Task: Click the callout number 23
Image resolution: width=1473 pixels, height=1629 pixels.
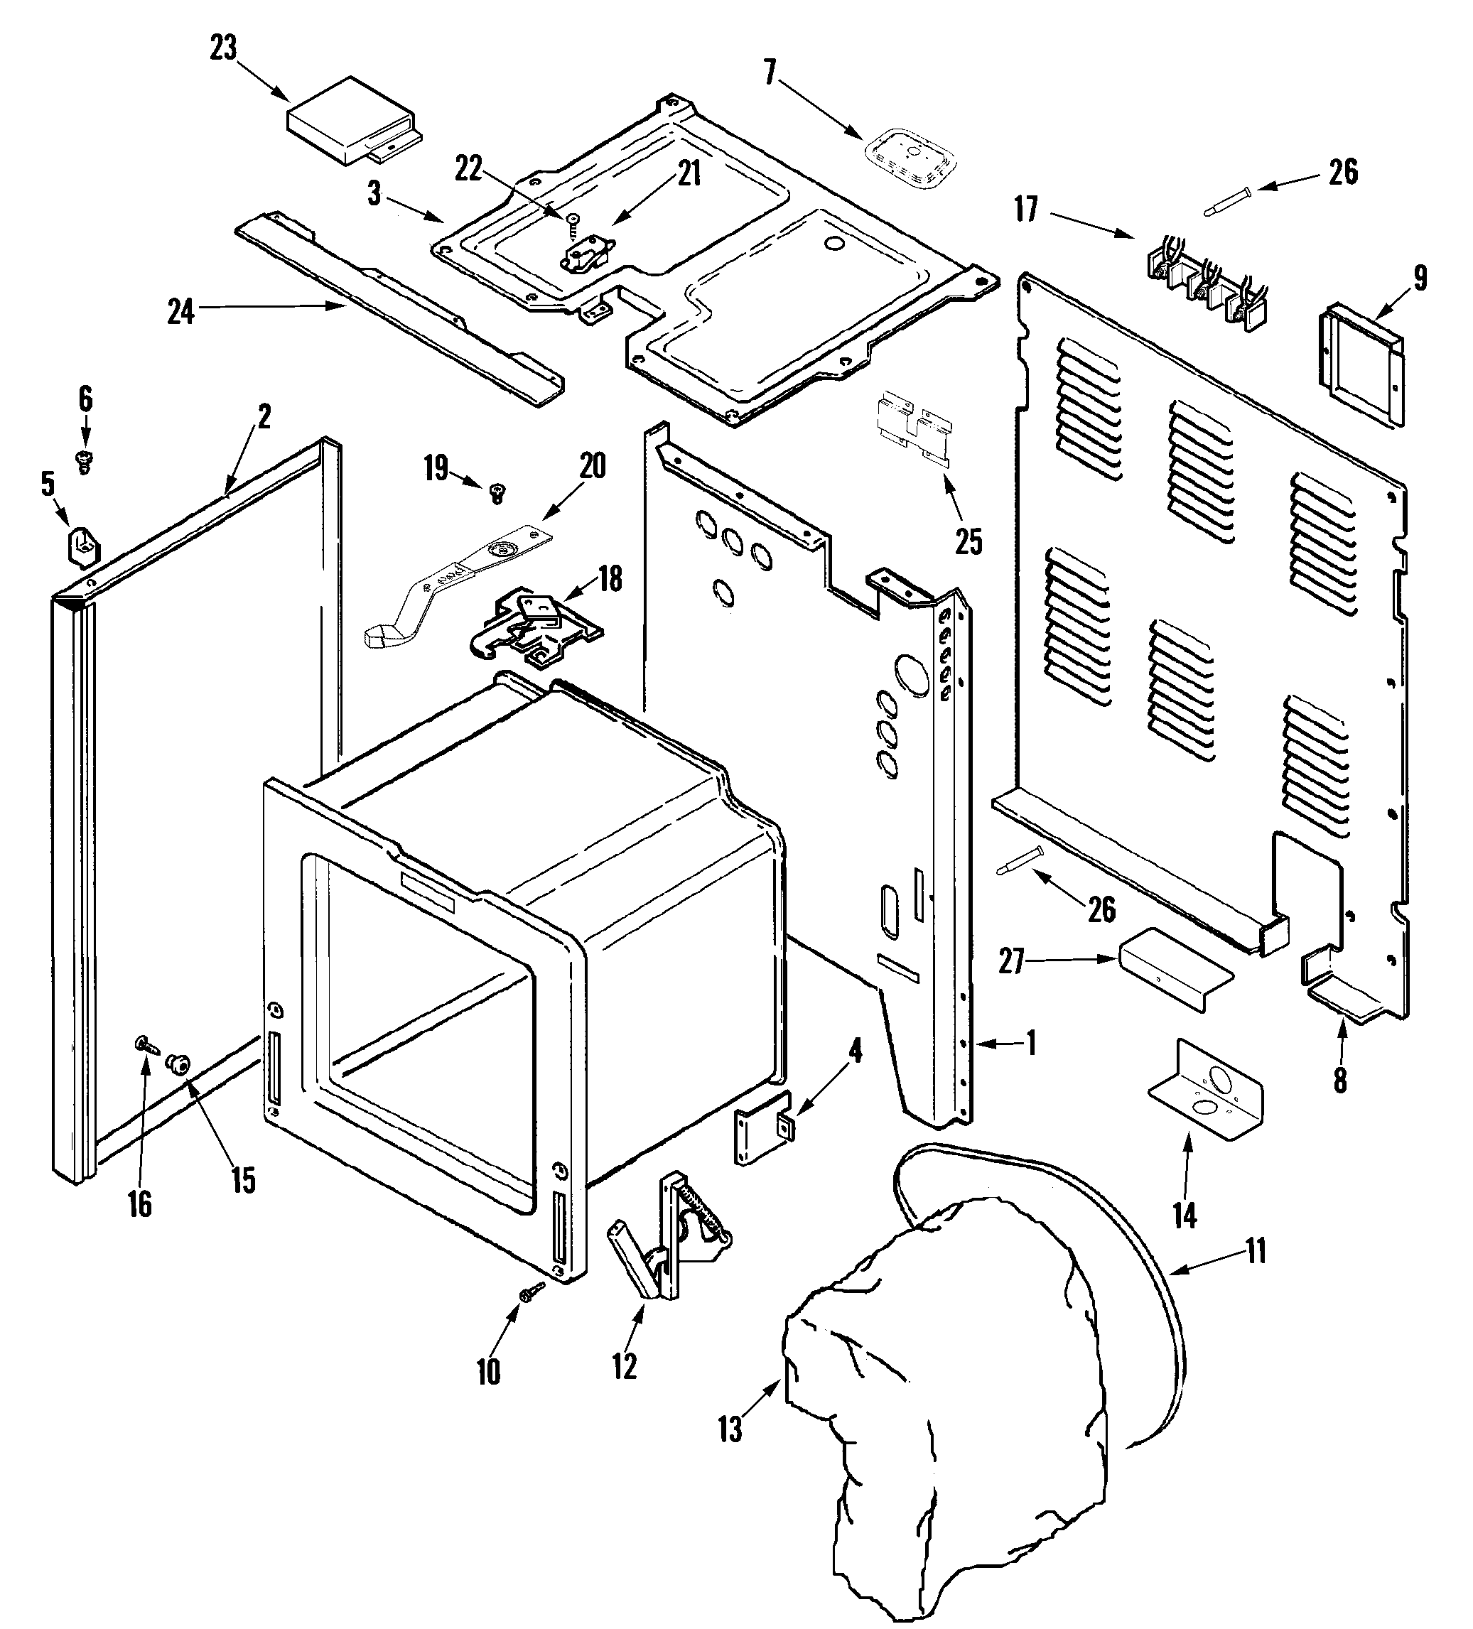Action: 223,48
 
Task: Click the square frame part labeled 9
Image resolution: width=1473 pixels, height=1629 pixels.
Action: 1364,363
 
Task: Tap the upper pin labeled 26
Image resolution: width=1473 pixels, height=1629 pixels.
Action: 1227,200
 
